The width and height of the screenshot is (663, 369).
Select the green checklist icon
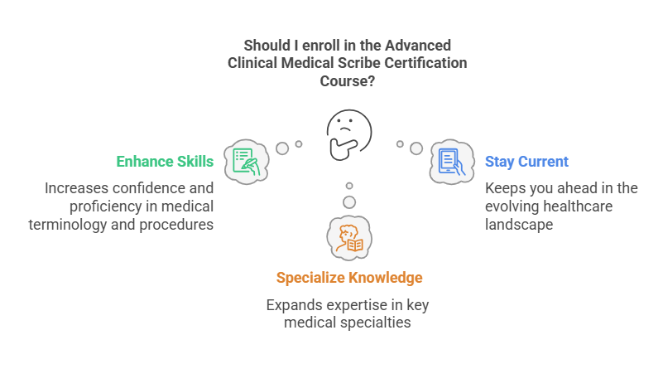pos(245,160)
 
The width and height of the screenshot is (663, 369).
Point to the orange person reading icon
pos(348,236)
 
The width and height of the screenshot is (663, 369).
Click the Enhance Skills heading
pos(165,161)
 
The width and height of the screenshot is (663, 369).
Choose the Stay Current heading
pos(526,161)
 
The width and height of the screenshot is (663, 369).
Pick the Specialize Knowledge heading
pos(348,277)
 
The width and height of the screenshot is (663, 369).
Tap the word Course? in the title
pos(348,81)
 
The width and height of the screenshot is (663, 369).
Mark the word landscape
pos(518,224)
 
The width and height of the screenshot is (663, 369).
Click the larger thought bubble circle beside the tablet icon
pos(416,148)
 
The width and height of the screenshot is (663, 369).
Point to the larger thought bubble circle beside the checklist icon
pos(282,148)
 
